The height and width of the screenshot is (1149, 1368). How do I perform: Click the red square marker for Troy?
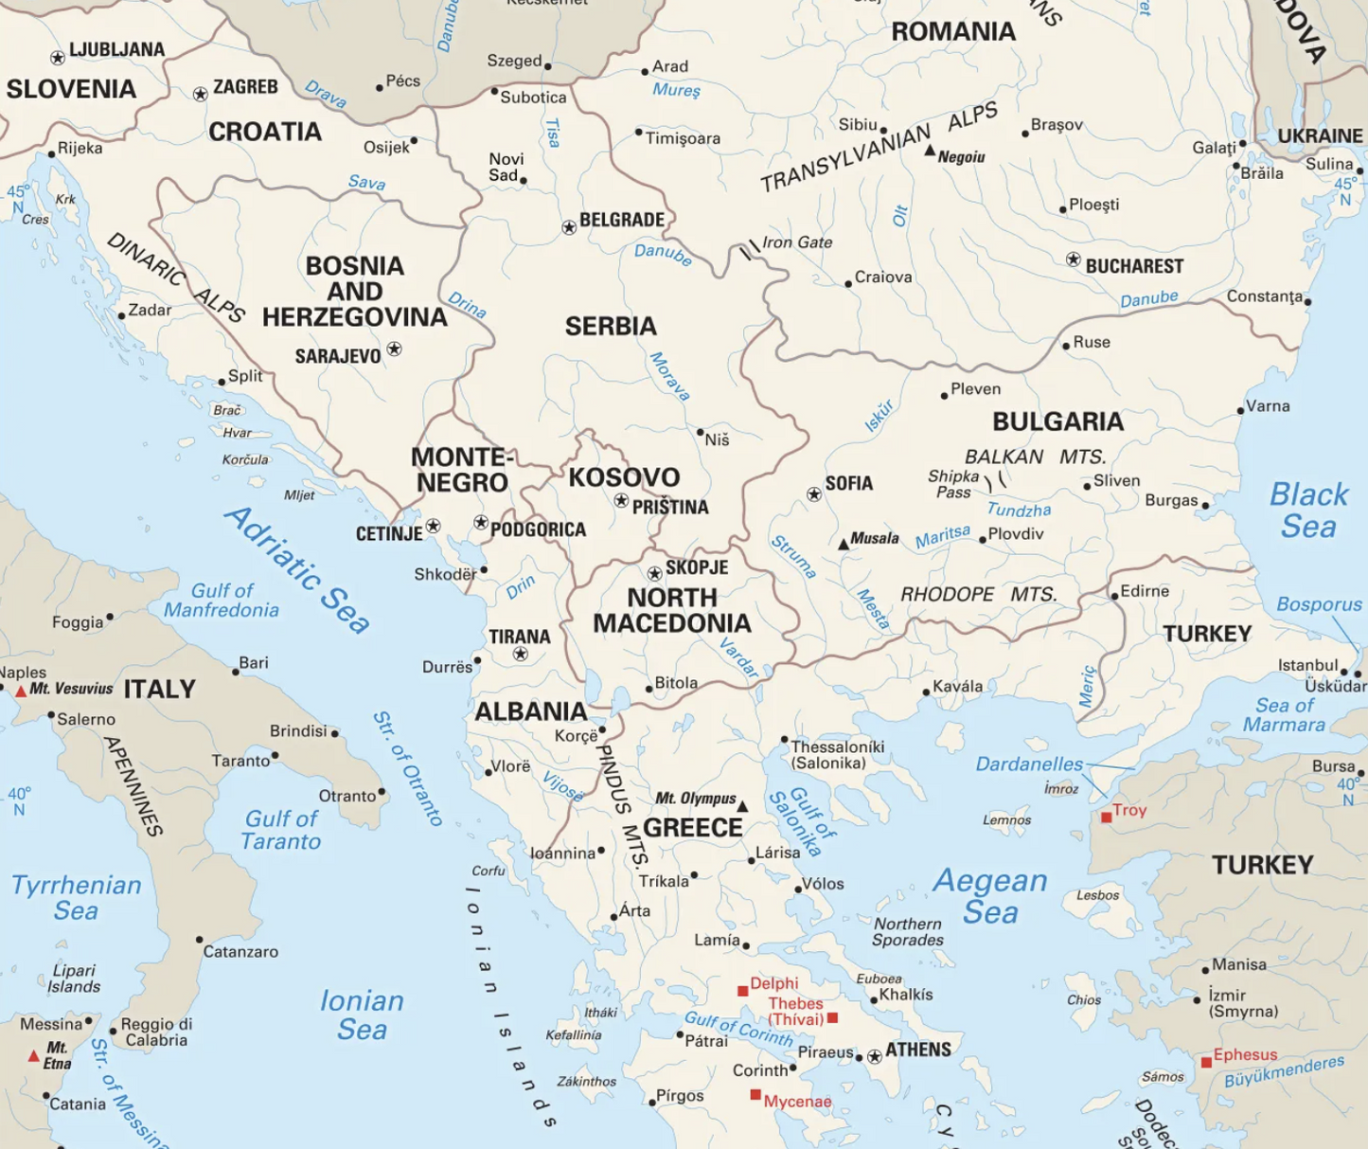click(1106, 817)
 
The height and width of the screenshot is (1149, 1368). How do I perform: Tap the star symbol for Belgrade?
click(569, 227)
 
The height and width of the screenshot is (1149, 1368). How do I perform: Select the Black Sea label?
click(1308, 510)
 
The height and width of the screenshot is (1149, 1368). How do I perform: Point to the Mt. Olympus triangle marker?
click(742, 806)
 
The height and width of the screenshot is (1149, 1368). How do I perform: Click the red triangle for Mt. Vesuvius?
click(21, 691)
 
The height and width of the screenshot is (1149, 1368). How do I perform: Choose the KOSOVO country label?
click(624, 476)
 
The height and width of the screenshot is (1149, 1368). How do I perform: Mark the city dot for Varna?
click(1240, 411)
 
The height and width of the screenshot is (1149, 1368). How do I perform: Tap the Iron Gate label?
click(797, 242)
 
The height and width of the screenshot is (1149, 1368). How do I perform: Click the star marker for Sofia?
click(814, 494)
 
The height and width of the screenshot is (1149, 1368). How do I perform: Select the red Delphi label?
click(773, 983)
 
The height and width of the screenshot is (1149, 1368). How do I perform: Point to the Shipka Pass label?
click(952, 484)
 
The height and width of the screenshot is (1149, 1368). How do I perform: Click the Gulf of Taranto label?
click(281, 830)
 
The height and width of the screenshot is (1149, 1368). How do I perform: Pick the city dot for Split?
click(222, 382)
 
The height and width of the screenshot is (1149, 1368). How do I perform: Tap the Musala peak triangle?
click(843, 545)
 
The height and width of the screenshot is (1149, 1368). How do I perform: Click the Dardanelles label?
click(1029, 763)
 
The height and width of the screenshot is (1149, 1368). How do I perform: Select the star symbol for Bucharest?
click(1073, 260)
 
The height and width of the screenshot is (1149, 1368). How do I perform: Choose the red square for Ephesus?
click(1206, 1063)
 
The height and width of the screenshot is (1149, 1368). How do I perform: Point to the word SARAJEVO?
click(337, 357)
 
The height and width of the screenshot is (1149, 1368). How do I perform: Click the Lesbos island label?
click(1097, 895)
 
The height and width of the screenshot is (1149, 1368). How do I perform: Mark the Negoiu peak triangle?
click(930, 151)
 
